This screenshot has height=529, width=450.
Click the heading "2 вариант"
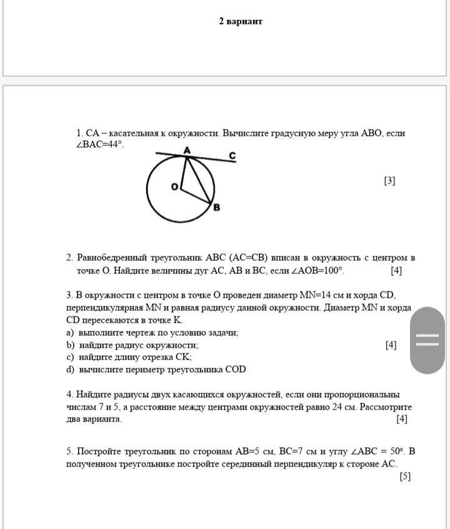pos(241,21)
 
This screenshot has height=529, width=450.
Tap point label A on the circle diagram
pos(187,150)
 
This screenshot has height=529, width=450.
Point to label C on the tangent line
pos(232,155)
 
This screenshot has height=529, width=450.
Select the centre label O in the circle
pos(174,186)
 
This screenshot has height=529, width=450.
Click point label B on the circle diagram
pos(216,207)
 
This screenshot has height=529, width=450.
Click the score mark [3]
pos(389,181)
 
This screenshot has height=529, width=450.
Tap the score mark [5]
pos(405,476)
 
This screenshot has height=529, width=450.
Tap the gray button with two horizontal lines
pos(427,340)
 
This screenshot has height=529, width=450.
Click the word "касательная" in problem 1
pos(136,133)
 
